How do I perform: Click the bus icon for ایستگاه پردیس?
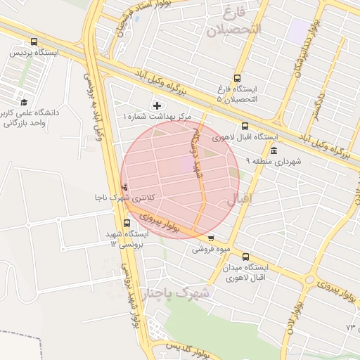34,42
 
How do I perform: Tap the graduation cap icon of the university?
25,102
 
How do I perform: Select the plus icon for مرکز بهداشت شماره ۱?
156,105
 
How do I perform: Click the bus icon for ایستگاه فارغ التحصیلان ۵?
236,79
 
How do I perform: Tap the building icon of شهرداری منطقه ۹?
273,151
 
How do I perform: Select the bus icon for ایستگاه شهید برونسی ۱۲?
127,224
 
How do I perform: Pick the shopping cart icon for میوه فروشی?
210,238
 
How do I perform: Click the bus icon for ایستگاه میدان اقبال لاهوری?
245,257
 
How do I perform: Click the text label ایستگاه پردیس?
34,53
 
